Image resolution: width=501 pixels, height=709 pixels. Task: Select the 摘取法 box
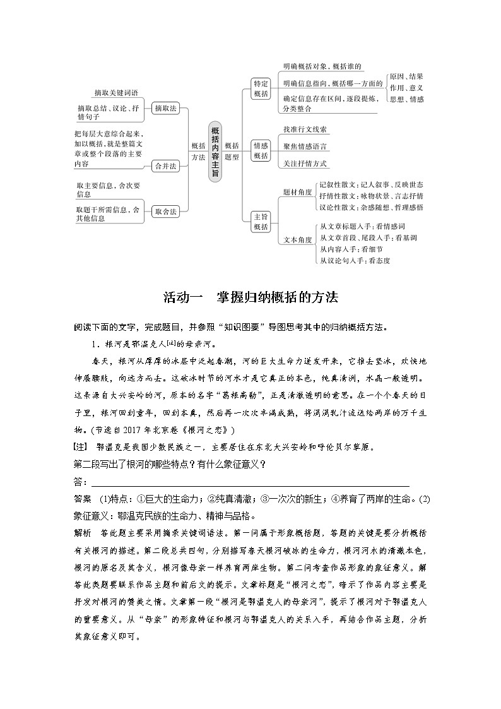[x=166, y=108]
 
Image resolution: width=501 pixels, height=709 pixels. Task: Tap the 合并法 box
[x=166, y=166]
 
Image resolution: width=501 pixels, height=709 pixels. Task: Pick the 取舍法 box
[x=166, y=212]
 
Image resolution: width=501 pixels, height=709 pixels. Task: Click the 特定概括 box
[x=261, y=88]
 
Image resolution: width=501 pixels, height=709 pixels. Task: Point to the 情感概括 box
[x=261, y=150]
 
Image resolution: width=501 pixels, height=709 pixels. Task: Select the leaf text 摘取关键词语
[x=116, y=92]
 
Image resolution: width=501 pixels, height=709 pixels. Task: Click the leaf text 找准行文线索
[x=305, y=129]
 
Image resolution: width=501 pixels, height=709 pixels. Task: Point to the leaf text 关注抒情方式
[x=305, y=164]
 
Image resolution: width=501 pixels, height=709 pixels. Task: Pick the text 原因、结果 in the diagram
[x=406, y=76]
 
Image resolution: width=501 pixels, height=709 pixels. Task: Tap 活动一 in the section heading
[x=182, y=296]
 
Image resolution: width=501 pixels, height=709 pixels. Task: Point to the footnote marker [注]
[x=82, y=448]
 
